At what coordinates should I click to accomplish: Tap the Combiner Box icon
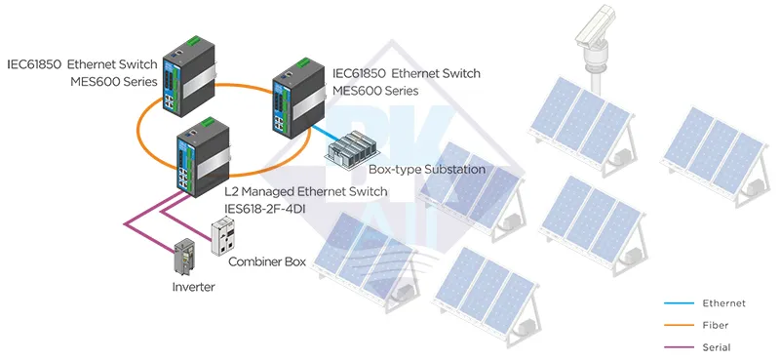226,235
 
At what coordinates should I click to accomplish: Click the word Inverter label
193,287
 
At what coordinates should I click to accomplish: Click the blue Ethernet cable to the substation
329,136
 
